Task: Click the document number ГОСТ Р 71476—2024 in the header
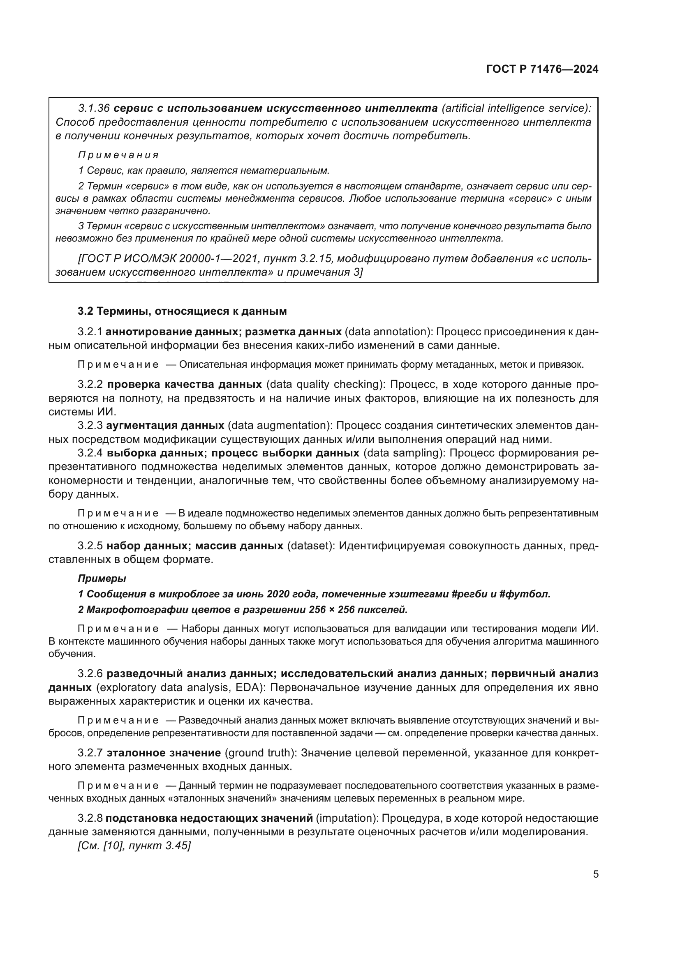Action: click(x=542, y=69)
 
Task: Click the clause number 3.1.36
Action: click(x=94, y=108)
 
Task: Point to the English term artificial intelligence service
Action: click(x=515, y=108)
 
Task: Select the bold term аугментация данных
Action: click(x=165, y=426)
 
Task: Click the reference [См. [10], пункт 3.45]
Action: click(x=134, y=846)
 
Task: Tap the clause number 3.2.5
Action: click(x=90, y=546)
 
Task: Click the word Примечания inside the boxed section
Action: click(x=118, y=155)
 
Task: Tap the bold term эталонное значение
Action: click(x=164, y=753)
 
